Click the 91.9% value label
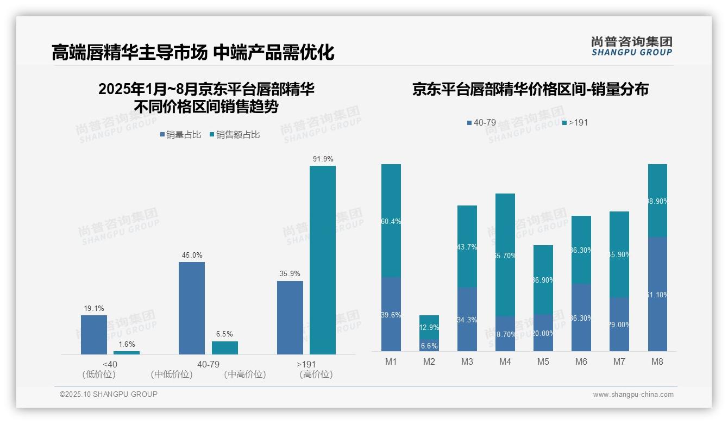[323, 159]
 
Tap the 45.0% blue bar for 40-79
[192, 308]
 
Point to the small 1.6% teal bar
[127, 353]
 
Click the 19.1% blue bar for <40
[94, 334]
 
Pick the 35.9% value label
[290, 274]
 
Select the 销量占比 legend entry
[180, 135]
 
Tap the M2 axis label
[429, 361]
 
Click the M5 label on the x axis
[543, 361]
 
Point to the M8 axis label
[657, 361]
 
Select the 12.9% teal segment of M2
[429, 327]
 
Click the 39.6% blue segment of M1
[391, 314]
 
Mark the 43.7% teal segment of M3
[467, 246]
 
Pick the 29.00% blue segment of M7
[619, 324]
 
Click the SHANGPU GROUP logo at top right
[631, 46]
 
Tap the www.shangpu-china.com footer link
[633, 395]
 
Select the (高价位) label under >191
[316, 375]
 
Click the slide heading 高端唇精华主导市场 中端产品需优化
[193, 53]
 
